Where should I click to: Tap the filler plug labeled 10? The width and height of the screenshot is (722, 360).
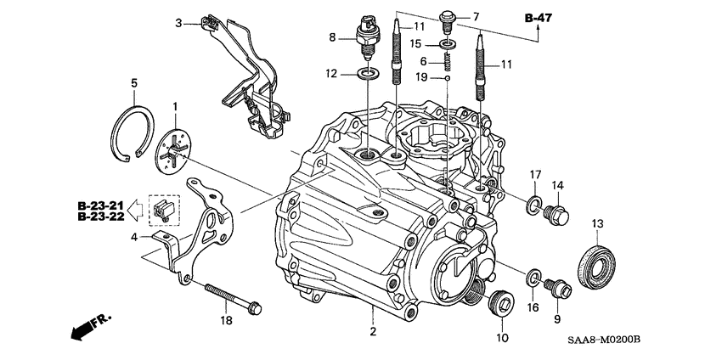[x=501, y=303]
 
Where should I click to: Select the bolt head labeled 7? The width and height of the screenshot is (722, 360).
[x=448, y=17]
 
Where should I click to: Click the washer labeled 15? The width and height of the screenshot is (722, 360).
[x=447, y=42]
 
